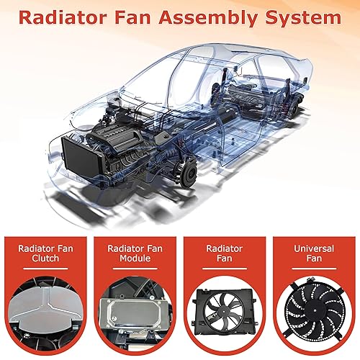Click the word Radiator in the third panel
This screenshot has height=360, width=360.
224,249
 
